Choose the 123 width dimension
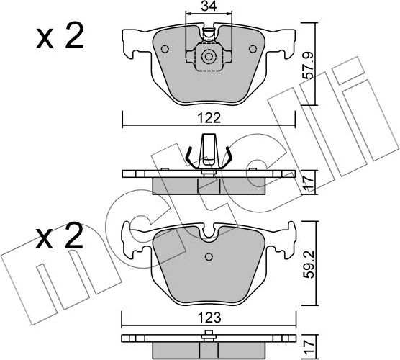(x=208, y=316)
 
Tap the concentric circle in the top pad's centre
(x=209, y=58)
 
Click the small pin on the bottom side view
(x=209, y=333)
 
